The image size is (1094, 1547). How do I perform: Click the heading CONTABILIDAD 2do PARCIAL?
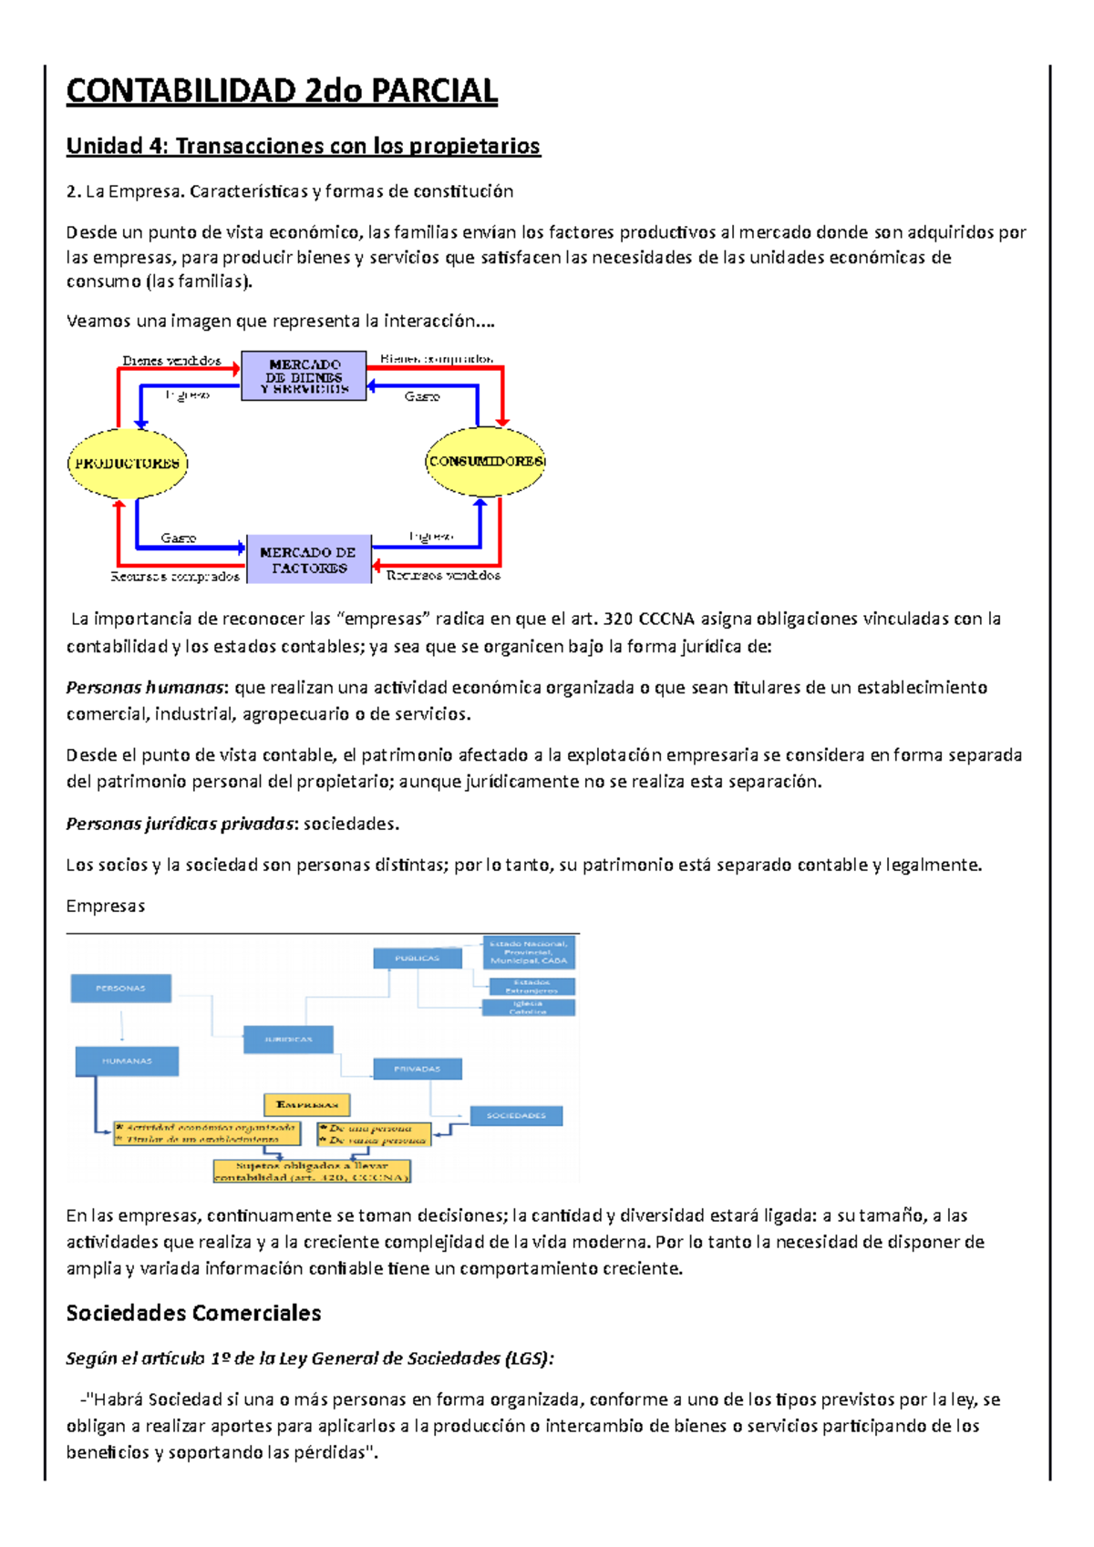click(x=282, y=91)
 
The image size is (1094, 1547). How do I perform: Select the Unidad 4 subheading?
click(x=303, y=146)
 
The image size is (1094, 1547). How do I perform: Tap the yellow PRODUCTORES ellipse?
click(x=128, y=463)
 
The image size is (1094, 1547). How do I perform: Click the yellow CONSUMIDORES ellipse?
click(x=485, y=461)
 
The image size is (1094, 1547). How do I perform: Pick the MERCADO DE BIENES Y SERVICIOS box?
click(x=304, y=376)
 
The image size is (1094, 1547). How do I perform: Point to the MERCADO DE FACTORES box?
click(x=309, y=559)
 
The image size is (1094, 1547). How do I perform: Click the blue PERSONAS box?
click(x=120, y=989)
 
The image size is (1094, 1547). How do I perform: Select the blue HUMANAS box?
click(x=127, y=1060)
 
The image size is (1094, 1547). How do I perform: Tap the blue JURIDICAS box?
click(x=288, y=1040)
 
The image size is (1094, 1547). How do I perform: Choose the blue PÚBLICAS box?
click(x=417, y=958)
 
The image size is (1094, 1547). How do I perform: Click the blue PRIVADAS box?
click(x=417, y=1069)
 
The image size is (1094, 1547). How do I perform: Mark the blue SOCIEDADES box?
click(x=516, y=1115)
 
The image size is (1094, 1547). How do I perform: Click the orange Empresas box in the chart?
click(x=306, y=1105)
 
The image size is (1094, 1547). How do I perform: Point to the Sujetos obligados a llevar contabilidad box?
click(x=312, y=1171)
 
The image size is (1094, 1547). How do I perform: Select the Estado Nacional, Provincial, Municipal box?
click(x=529, y=952)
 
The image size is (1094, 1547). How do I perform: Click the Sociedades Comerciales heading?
click(x=193, y=1313)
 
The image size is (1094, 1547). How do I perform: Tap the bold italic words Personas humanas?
click(x=145, y=687)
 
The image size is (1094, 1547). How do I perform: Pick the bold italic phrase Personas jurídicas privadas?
click(x=181, y=824)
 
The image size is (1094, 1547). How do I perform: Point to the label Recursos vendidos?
click(x=443, y=576)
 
